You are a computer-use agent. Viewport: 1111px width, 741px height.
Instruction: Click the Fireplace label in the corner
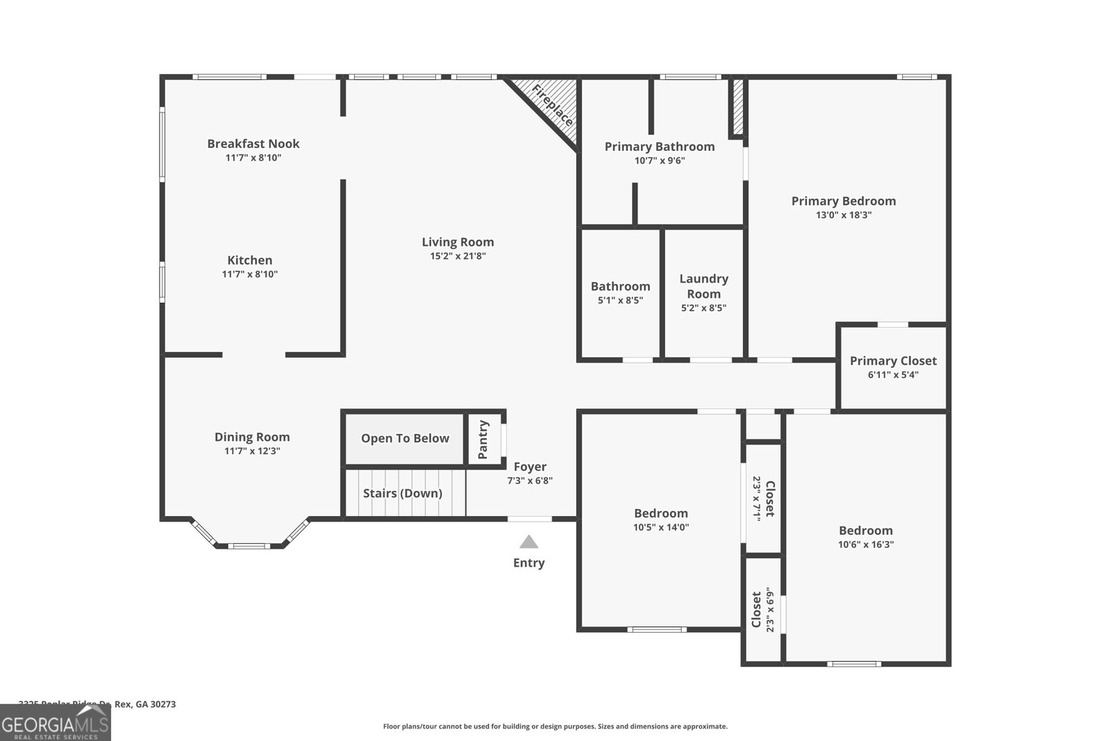coord(553,105)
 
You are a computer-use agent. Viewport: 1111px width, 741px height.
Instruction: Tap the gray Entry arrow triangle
coord(528,542)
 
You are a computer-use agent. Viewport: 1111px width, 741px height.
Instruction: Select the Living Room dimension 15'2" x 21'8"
coord(458,256)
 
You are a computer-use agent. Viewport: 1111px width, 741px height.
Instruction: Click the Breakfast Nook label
coord(253,144)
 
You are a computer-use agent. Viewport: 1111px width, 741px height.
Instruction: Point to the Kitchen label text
coord(250,260)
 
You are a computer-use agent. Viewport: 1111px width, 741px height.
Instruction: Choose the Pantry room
coord(483,440)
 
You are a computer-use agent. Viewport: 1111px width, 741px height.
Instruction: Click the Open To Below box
coord(405,439)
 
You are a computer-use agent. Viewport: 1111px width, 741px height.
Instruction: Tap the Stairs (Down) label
coord(403,494)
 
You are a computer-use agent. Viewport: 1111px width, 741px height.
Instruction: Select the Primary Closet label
coord(893,361)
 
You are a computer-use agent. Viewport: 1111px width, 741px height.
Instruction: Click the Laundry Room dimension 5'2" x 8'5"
coord(703,308)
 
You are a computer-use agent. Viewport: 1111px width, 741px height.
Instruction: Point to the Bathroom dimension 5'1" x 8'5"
coord(620,301)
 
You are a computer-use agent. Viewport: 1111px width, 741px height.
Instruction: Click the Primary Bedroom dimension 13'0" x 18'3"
coord(844,215)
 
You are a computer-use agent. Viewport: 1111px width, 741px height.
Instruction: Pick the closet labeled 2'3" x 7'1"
coord(763,498)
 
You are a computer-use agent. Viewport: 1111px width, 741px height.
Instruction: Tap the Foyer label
coord(530,467)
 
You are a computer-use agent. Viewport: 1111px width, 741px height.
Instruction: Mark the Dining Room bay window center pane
coord(249,546)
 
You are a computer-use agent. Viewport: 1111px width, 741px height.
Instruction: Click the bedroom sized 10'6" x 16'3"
coord(865,537)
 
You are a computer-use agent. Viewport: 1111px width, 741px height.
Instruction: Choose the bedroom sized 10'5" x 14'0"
coord(660,519)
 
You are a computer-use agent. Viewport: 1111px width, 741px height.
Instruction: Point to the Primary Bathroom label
coord(660,147)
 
